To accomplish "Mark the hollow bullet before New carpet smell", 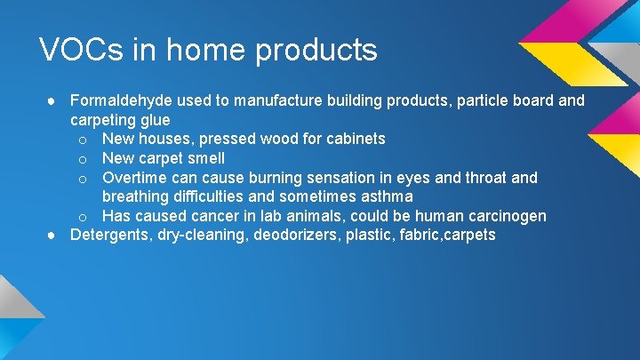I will coord(82,159).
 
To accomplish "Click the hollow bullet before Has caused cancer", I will coord(82,217).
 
